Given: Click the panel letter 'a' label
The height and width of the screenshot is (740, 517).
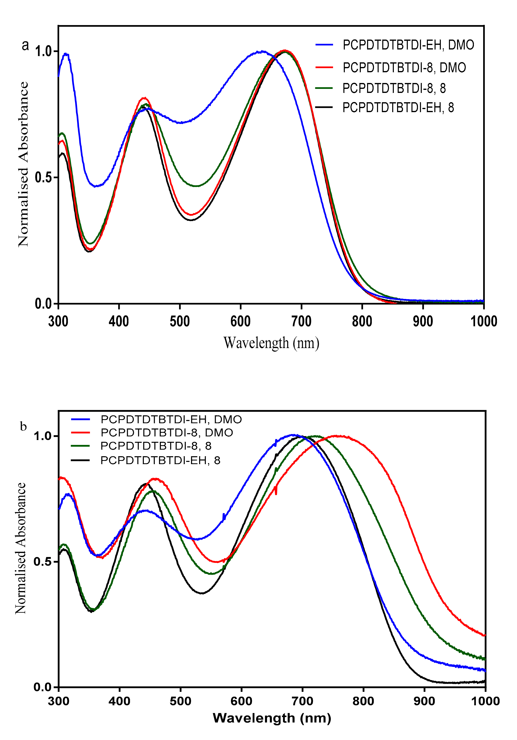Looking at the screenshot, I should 25,46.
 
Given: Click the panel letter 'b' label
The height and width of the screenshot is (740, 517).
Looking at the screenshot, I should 23,427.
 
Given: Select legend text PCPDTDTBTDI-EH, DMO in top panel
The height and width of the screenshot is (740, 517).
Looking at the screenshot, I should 408,45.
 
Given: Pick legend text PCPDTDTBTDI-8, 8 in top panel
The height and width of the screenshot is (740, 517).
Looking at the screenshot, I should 394,88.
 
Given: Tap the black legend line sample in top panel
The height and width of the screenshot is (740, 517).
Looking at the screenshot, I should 324,107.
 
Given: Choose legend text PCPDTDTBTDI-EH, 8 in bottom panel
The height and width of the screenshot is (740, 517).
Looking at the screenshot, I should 160,460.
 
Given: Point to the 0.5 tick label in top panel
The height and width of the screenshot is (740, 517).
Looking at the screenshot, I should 43,178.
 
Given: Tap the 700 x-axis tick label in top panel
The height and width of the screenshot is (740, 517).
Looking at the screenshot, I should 301,321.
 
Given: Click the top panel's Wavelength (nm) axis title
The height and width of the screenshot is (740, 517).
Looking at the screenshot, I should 271,343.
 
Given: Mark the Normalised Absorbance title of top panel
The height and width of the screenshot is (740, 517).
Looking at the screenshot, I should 23,164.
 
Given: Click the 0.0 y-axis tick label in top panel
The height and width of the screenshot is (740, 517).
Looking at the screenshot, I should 43,304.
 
